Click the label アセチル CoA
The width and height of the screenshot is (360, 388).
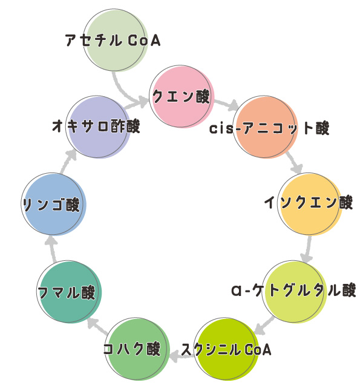113,41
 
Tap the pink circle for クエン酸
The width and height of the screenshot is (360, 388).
182,96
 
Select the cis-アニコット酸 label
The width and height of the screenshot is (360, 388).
269,128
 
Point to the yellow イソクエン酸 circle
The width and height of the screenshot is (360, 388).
310,204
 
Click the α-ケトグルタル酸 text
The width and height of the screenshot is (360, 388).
293,290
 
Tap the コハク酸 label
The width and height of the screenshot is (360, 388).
132,349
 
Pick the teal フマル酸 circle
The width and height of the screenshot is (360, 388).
70,292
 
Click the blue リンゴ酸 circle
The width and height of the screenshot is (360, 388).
53,204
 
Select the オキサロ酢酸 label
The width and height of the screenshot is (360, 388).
96,126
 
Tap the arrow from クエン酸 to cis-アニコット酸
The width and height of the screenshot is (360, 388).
226,104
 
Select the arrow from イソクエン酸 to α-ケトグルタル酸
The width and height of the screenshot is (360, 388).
307,249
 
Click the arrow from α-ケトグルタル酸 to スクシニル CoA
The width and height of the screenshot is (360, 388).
264,326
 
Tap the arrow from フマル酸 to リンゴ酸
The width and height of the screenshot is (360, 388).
52,248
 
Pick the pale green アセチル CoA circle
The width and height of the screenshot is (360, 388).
116,41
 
